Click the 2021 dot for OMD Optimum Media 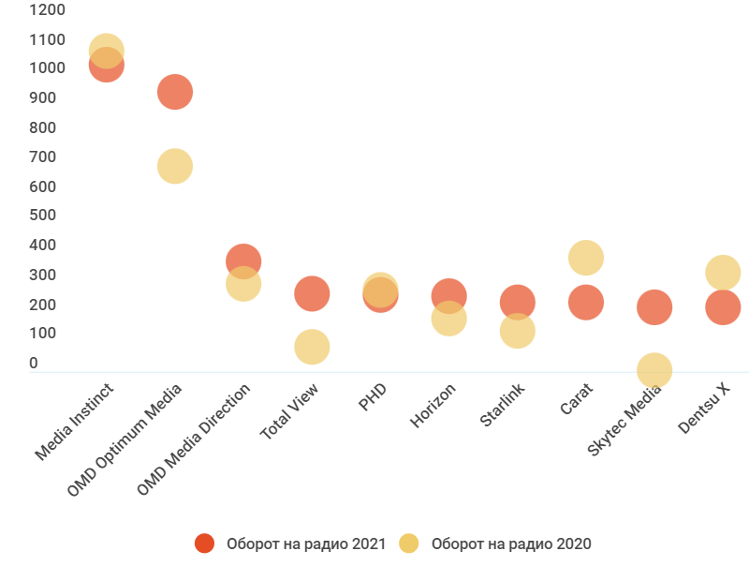[175, 92]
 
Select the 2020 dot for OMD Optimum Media [175, 167]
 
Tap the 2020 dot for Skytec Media [654, 370]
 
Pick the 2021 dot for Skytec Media [654, 306]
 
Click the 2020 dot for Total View [312, 347]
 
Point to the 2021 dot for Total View [312, 293]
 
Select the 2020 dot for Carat [586, 257]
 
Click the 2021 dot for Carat [586, 303]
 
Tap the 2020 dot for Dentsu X [723, 273]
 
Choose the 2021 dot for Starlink [517, 302]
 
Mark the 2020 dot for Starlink [517, 331]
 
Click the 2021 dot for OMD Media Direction [243, 261]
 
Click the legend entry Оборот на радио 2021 [290, 544]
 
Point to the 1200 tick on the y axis [48, 10]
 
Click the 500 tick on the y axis [43, 216]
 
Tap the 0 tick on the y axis [34, 364]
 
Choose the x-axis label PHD [373, 396]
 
